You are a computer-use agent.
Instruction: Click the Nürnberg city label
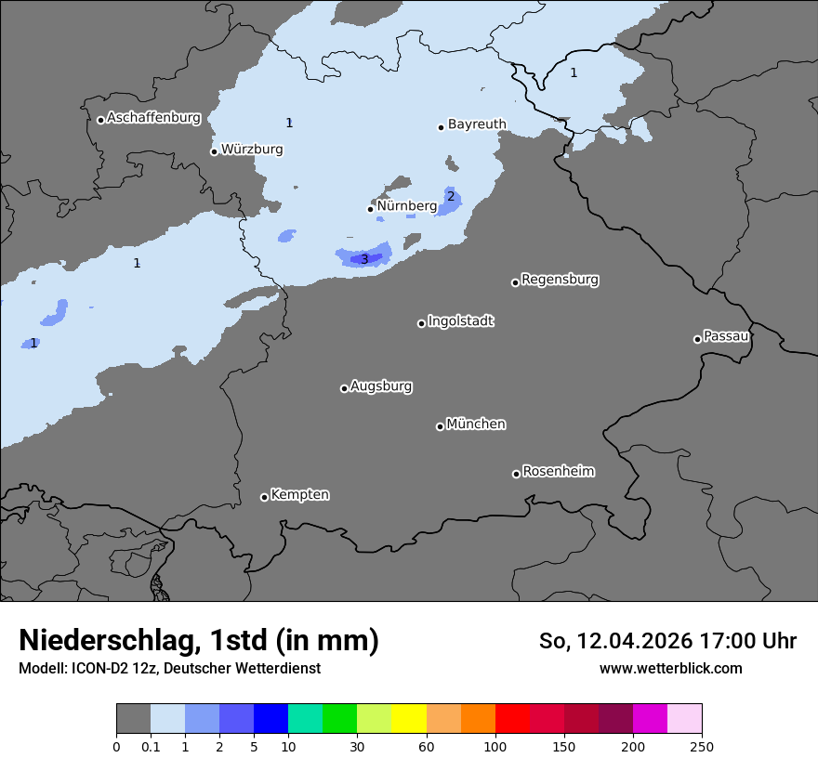click(406, 205)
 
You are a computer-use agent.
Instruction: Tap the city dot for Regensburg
click(515, 282)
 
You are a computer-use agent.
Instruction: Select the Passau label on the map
click(726, 335)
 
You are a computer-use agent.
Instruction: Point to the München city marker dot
click(440, 427)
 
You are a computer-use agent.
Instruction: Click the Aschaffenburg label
click(153, 118)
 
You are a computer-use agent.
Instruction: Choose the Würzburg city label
click(251, 149)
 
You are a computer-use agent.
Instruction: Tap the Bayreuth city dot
click(441, 127)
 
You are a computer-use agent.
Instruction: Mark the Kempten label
click(299, 494)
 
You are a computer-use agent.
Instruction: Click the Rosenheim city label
click(558, 471)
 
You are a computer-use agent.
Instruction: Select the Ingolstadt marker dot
click(421, 323)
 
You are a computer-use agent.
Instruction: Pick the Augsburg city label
click(380, 385)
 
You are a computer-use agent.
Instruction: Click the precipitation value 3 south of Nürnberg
click(364, 259)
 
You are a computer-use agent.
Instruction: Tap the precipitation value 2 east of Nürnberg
click(451, 196)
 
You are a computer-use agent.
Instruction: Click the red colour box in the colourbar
click(512, 719)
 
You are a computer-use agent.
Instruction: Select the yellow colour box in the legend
click(409, 719)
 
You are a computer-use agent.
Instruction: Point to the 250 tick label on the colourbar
click(702, 746)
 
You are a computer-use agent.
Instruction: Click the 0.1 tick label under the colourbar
click(151, 746)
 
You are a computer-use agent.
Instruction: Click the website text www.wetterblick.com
click(670, 668)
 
